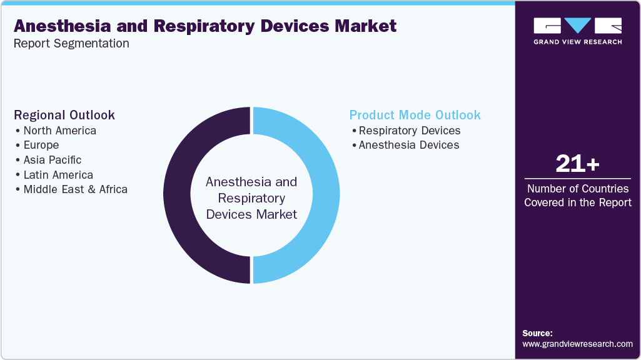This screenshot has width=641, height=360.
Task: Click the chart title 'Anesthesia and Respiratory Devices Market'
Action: click(x=205, y=26)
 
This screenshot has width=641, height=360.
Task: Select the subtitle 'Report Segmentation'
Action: click(x=71, y=44)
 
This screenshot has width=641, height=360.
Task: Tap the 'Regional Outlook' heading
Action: click(x=64, y=115)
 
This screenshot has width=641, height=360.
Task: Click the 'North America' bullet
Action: click(x=59, y=131)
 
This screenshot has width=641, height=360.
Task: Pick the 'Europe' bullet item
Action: click(x=41, y=145)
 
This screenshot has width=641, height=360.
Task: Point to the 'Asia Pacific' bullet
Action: click(x=52, y=160)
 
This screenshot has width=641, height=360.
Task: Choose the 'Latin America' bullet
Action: click(x=58, y=175)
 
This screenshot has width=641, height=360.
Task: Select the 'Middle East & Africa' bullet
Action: click(x=75, y=189)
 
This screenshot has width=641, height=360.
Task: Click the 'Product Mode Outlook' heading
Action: click(x=415, y=115)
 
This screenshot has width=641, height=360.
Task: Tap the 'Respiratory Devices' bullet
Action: click(x=409, y=131)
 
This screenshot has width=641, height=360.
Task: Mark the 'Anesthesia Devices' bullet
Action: click(x=408, y=145)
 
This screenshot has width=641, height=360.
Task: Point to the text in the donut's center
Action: click(x=251, y=198)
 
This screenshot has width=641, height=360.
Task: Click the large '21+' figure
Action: click(x=577, y=164)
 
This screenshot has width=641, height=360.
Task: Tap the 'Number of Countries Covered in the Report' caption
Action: click(x=577, y=195)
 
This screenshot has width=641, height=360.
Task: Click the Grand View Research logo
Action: click(x=577, y=31)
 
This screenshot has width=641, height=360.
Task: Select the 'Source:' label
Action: click(x=537, y=333)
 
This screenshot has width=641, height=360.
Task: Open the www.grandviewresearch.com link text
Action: click(x=577, y=344)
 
